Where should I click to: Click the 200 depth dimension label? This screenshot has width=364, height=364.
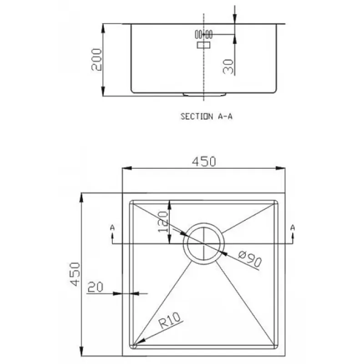[x=96, y=59]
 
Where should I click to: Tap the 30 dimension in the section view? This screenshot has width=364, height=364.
[x=228, y=66]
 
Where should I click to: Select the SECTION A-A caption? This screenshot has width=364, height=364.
[x=207, y=116]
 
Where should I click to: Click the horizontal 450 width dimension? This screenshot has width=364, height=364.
[x=204, y=162]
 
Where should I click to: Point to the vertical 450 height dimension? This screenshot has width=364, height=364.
[x=75, y=274]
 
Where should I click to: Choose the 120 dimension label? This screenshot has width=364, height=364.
[x=163, y=222]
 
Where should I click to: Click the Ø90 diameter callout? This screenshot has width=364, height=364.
[x=250, y=258]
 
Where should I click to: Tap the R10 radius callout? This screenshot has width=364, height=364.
[x=170, y=320]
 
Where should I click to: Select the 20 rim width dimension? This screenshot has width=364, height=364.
[x=95, y=287]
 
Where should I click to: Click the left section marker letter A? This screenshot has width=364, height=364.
[x=112, y=227]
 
